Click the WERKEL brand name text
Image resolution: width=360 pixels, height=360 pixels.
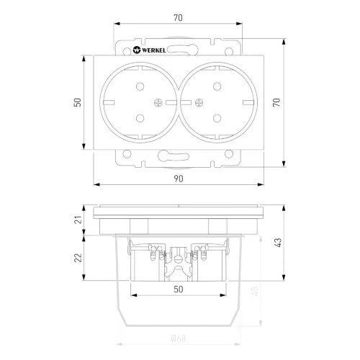tap(154, 50)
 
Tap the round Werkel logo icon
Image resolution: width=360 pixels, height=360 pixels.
tap(137, 50)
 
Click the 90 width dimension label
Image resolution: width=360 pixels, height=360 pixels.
tap(179, 179)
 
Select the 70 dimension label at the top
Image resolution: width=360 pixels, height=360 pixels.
tap(178, 17)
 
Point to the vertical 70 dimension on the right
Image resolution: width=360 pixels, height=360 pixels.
tap(276, 102)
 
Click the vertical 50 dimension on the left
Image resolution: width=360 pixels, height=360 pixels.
tap(78, 102)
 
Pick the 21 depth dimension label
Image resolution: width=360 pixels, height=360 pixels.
tap(78, 220)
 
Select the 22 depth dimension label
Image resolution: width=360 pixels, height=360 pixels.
tap(78, 258)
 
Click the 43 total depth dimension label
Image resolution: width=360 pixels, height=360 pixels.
tap(277, 243)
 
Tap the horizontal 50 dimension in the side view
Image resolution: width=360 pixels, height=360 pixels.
tap(179, 289)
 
